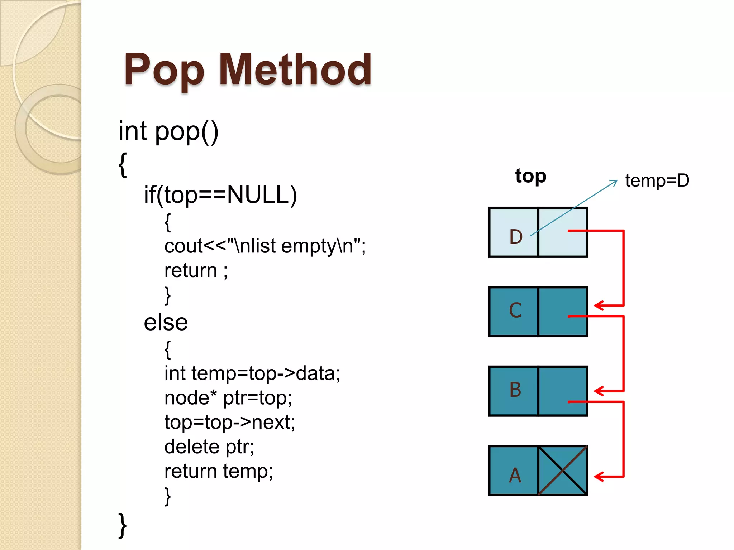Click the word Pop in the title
(x=164, y=70)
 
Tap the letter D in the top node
(x=516, y=237)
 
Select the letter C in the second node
(x=515, y=310)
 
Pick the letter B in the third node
(x=515, y=390)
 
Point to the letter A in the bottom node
(x=515, y=475)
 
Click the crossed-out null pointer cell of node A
(x=563, y=471)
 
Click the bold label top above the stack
(x=531, y=176)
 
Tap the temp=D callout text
(x=657, y=180)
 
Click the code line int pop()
(x=168, y=131)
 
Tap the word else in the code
(x=166, y=322)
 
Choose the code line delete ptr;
(x=209, y=447)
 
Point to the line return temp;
(x=219, y=471)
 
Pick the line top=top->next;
(x=229, y=422)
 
